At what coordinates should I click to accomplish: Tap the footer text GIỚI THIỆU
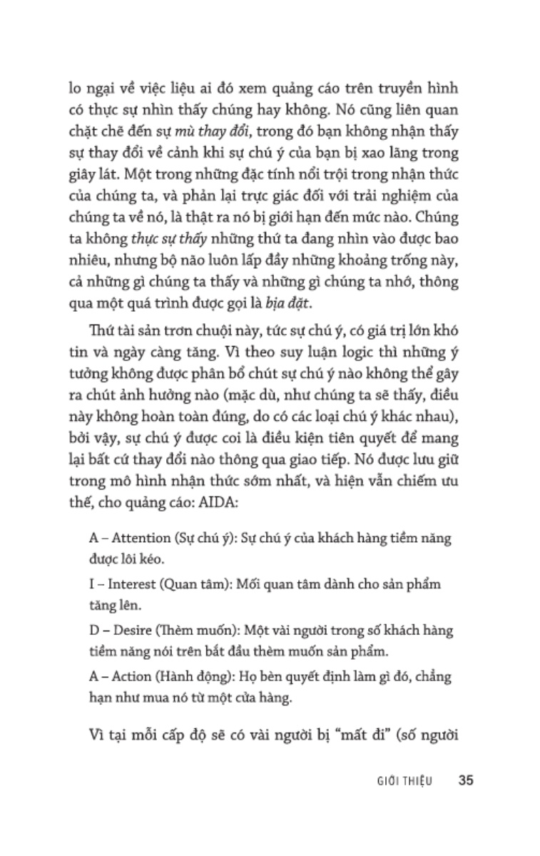(x=404, y=780)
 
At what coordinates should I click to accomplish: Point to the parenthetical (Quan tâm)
(x=190, y=584)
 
